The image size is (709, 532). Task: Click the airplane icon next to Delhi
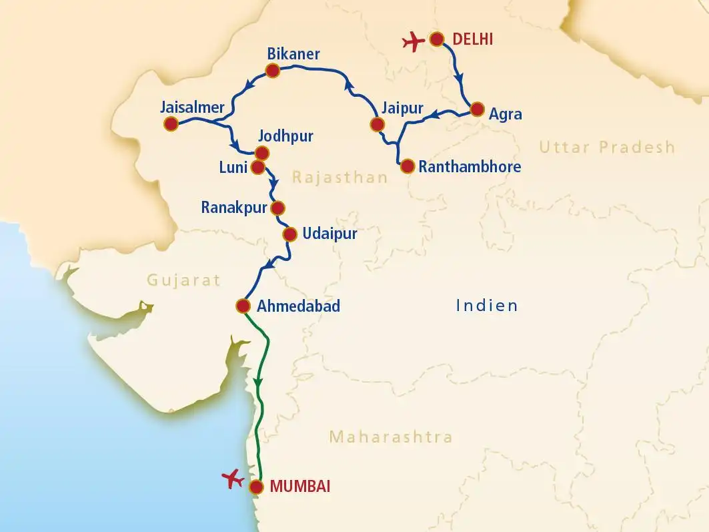414,43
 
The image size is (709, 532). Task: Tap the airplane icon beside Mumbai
233,479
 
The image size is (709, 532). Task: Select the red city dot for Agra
477,109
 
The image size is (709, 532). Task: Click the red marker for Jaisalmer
171,123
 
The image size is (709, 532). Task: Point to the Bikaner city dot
272,70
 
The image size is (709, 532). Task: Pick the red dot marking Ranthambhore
406,166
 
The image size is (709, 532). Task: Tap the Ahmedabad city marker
243,306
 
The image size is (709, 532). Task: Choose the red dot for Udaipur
289,234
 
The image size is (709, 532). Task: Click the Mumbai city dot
256,487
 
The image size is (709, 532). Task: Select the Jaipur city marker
377,124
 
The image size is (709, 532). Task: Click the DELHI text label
472,39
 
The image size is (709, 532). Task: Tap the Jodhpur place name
285,137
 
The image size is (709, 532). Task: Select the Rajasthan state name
339,178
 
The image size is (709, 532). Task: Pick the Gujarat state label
183,280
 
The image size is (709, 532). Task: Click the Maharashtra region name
391,437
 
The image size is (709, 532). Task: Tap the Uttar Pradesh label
607,147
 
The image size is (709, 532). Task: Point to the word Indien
487,306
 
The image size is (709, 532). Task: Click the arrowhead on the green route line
259,382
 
